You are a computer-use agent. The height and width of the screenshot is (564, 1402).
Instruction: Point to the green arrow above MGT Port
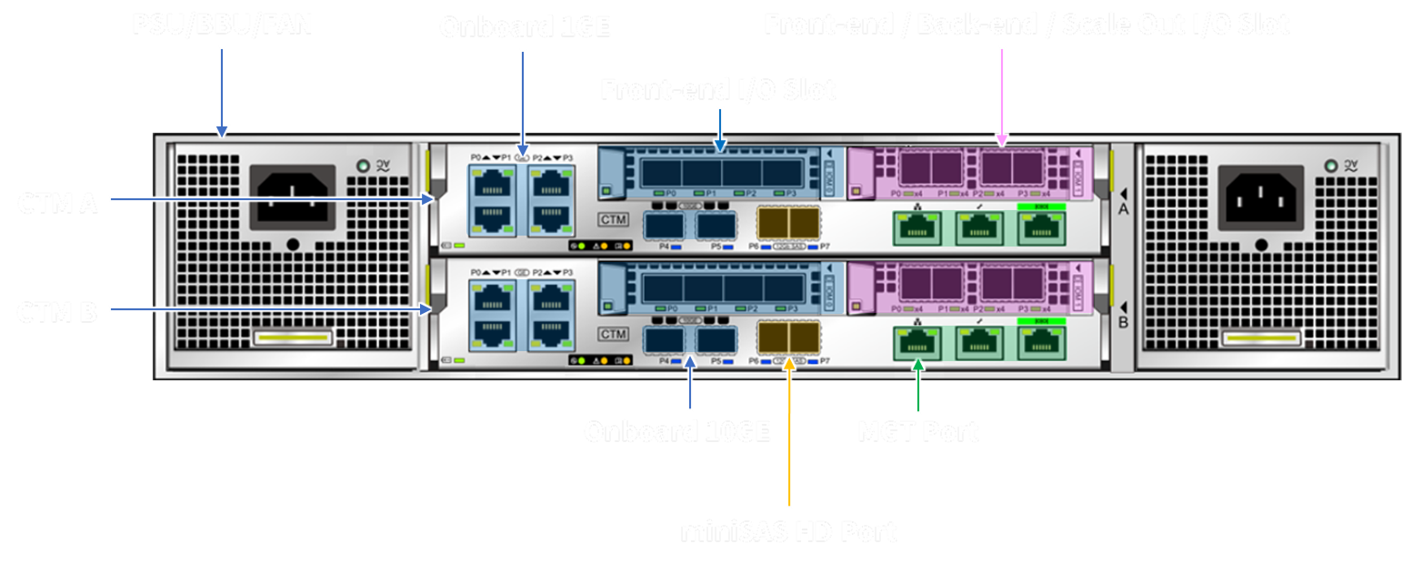point(918,386)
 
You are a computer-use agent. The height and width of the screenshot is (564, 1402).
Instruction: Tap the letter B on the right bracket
point(1123,322)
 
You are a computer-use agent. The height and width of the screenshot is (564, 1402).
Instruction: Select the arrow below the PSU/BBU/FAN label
point(222,91)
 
